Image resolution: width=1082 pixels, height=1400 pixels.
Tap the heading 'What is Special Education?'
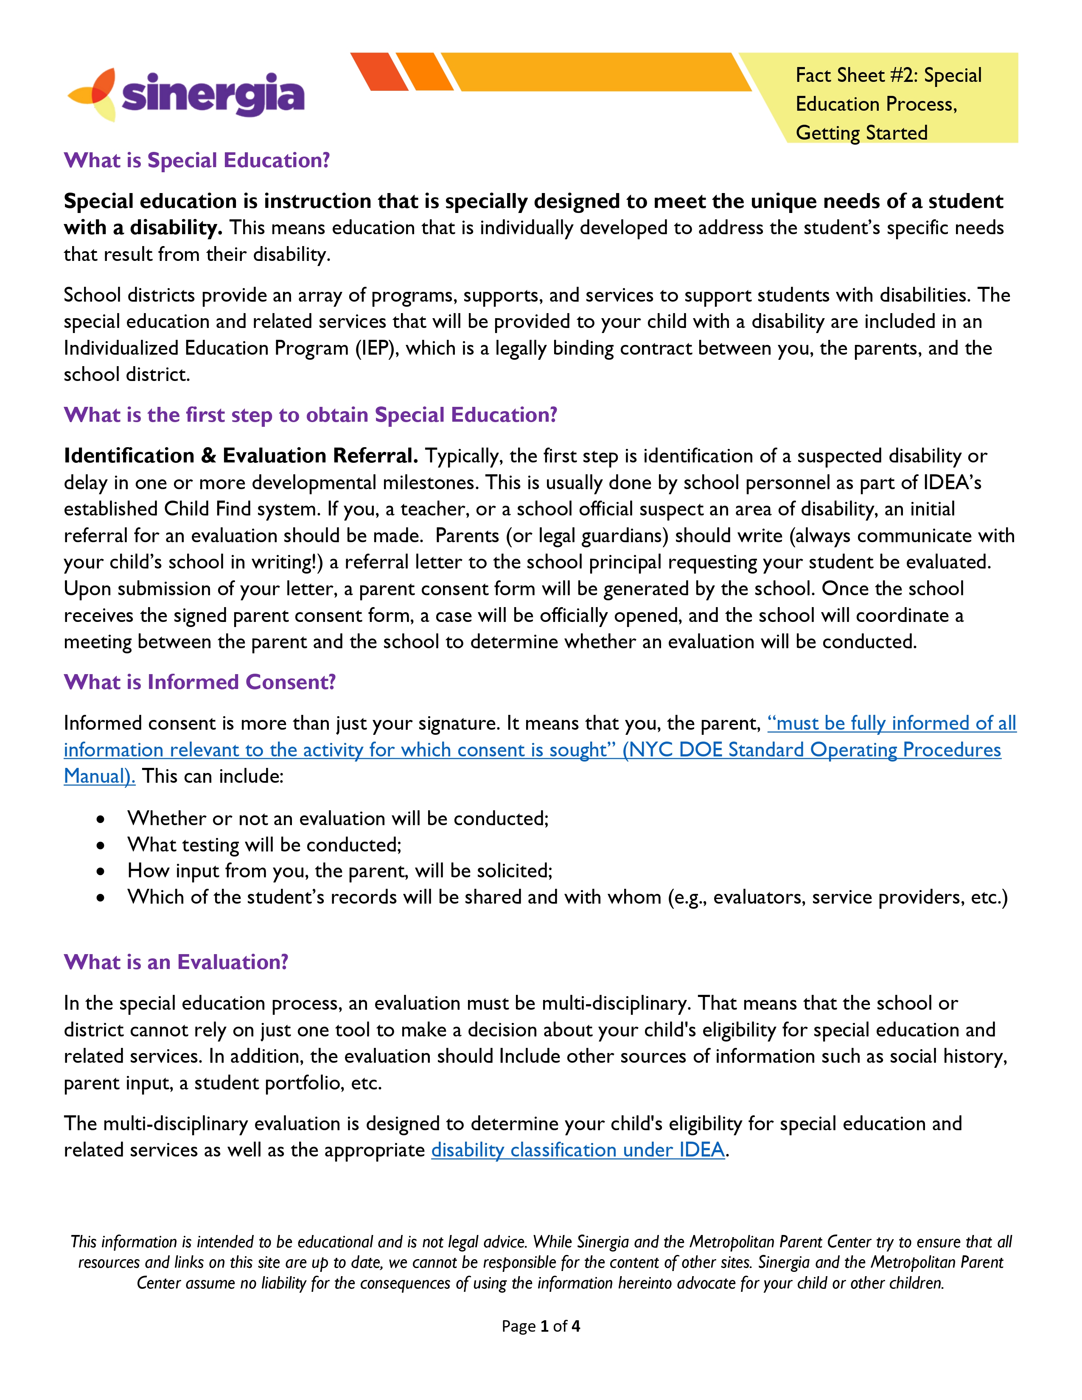pos(197,160)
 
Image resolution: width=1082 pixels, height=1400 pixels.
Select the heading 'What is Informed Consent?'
pos(199,682)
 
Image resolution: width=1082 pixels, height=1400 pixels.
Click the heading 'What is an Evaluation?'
pos(176,962)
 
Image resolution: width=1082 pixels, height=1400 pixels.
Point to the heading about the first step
pos(310,415)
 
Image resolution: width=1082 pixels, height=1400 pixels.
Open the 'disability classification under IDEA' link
pos(577,1150)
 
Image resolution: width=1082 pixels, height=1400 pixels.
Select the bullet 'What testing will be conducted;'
pos(264,845)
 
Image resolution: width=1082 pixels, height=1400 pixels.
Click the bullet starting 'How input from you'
pos(340,871)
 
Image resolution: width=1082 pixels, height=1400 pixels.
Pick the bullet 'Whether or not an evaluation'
pos(338,819)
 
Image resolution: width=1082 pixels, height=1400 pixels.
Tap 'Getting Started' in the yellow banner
pos(861,133)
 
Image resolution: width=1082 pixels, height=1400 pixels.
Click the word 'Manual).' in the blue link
pos(99,776)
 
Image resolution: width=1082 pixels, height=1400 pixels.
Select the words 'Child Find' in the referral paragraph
pos(207,509)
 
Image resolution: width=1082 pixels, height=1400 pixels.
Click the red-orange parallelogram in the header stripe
pos(379,72)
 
